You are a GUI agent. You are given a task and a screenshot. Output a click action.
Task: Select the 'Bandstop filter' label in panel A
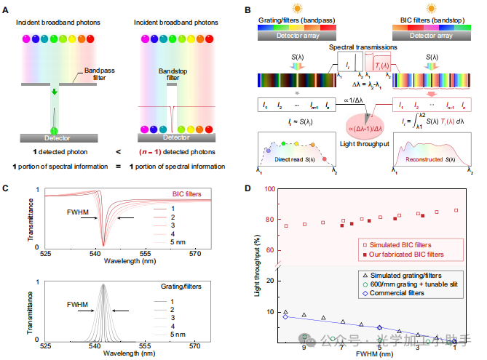(x=169, y=76)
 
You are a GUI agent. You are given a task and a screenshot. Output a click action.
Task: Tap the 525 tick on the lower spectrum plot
(x=45, y=337)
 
